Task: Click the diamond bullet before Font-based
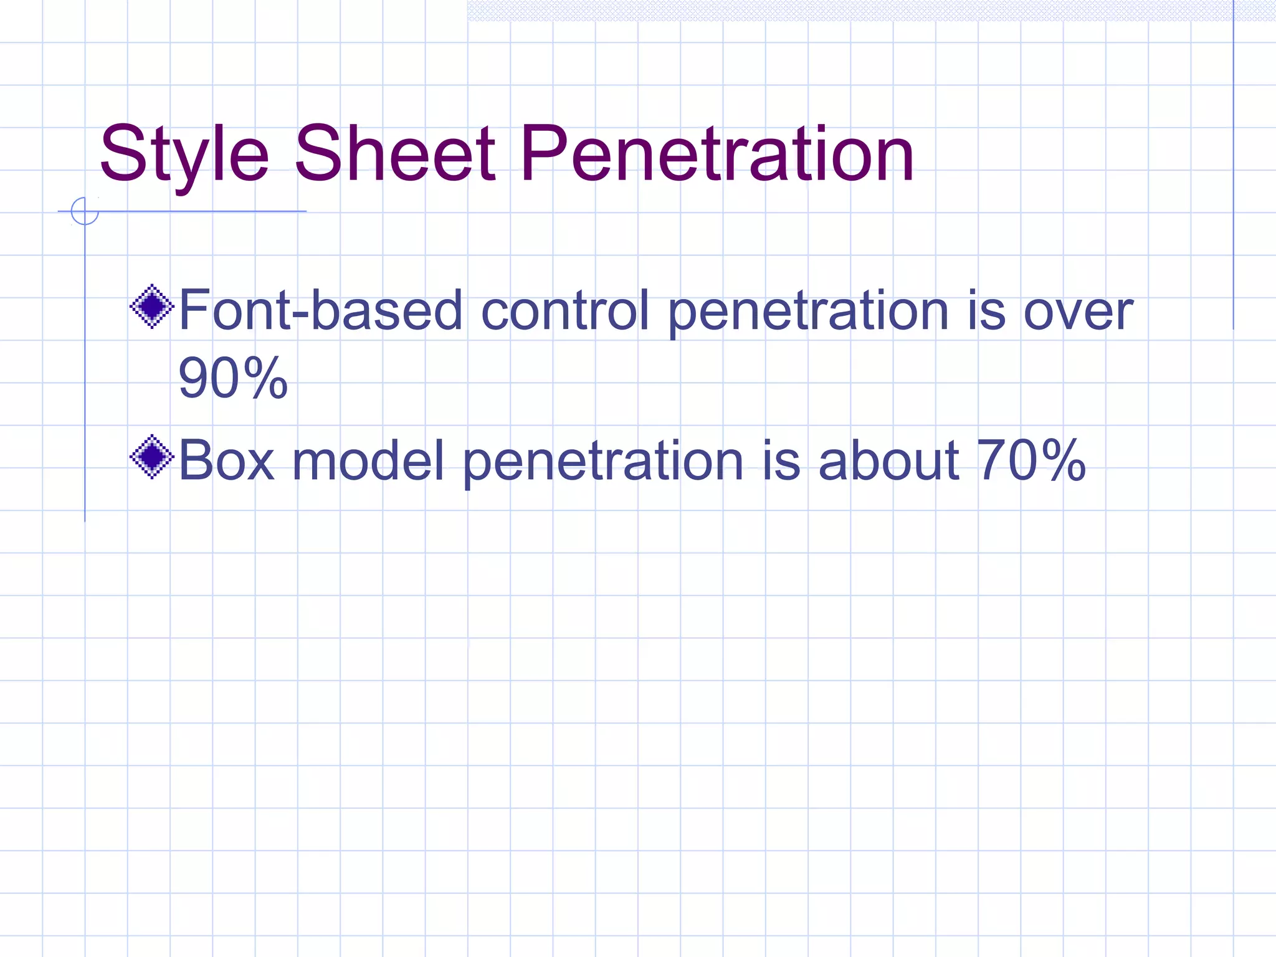[151, 306]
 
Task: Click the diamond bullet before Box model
[151, 457]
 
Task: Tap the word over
[1078, 312]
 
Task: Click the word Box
[226, 460]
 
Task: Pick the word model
[368, 460]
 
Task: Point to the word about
[888, 460]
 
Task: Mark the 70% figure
[1031, 460]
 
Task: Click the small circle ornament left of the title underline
[85, 211]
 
